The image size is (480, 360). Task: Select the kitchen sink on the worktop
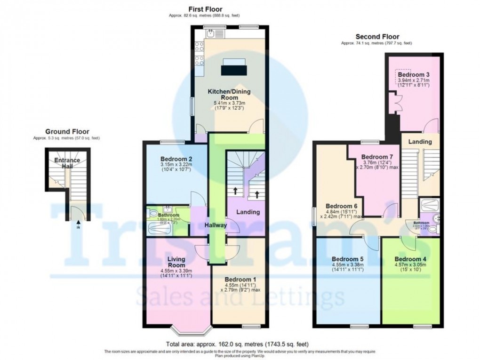pos(212,33)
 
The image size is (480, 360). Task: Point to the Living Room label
pos(176,263)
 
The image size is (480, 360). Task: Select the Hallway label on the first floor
pos(216,225)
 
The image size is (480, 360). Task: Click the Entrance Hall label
pos(67,163)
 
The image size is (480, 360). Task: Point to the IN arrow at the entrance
pos(78,225)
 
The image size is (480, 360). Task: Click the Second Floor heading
pos(377,37)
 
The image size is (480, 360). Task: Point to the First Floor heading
pos(205,9)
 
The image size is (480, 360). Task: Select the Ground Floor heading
pos(67,132)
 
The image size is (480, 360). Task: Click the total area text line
pos(238,344)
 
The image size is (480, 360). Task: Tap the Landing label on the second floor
pos(420,142)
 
